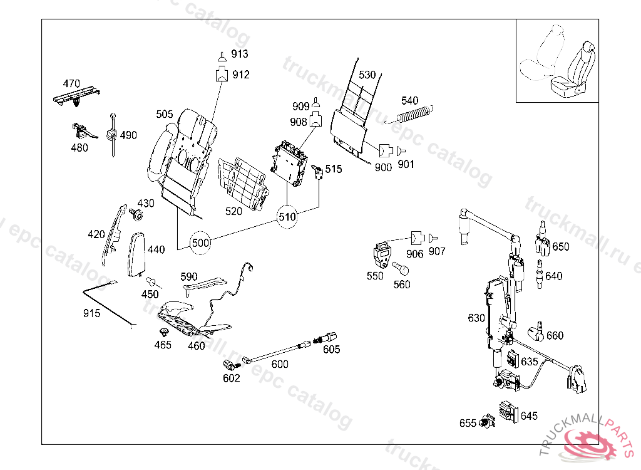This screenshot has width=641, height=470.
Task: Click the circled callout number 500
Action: click(201, 242)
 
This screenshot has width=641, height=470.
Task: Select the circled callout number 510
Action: click(287, 217)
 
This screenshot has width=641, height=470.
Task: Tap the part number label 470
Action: click(71, 83)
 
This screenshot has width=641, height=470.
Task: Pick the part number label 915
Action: click(91, 313)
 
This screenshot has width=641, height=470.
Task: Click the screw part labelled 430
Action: click(137, 215)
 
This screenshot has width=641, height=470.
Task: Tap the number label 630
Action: click(476, 318)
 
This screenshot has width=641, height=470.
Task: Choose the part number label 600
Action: click(280, 364)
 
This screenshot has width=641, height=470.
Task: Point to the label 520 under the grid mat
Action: click(233, 211)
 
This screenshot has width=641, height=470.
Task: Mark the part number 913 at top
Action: click(240, 54)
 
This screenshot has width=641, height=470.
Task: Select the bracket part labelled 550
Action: click(381, 254)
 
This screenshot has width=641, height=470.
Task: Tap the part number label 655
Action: click(468, 423)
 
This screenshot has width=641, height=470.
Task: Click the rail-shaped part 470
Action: click(77, 96)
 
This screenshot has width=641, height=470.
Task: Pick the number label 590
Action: click(189, 276)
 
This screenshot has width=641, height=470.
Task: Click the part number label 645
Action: click(529, 416)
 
